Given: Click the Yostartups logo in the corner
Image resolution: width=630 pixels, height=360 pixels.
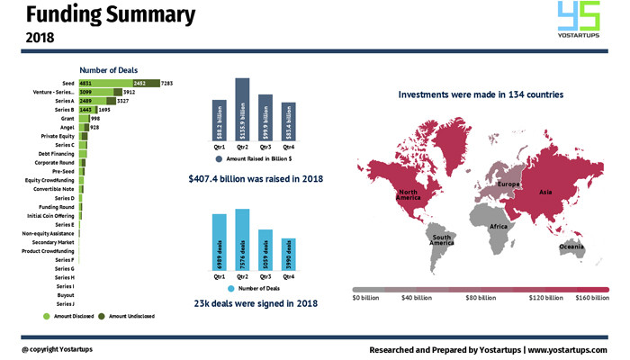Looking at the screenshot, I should pos(579,24).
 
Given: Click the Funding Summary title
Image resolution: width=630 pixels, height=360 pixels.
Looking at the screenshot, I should pos(109,15).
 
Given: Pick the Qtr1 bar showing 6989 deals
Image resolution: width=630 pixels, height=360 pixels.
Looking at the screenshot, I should pos(220,241).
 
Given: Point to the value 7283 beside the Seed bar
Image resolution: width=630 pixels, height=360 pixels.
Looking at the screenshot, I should pos(166,83).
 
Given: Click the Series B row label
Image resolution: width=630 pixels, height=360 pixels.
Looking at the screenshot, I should pos(63,109).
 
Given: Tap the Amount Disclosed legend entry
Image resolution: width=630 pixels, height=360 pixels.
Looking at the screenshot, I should pos(75,316).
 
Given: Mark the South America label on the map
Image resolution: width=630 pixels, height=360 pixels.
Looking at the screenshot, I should pos(440,240).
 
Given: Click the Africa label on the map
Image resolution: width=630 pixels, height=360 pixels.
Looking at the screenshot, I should pos(498,227).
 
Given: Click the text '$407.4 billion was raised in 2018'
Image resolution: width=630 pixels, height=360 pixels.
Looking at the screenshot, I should pos(255,178).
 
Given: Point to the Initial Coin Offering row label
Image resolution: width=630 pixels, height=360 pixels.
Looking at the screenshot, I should pos(52,215).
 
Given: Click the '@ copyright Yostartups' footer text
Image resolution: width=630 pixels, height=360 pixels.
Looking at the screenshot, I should pos(58,349).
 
